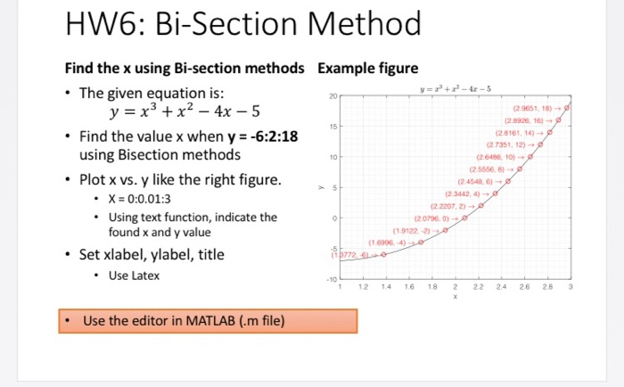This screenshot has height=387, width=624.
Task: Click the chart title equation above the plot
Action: tap(450, 88)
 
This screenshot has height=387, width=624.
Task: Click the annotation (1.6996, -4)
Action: tap(387, 243)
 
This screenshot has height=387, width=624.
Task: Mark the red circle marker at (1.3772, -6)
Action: tap(382, 254)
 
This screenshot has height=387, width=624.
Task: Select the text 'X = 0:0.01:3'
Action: tap(142, 198)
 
